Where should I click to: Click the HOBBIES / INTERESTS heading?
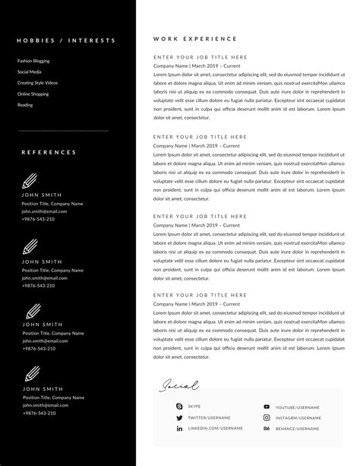66,40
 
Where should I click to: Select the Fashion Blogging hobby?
33,61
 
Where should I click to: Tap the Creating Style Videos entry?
37,82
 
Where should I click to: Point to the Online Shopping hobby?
33,94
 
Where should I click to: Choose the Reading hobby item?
25,105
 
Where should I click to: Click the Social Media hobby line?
29,71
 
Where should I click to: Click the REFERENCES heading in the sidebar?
49,152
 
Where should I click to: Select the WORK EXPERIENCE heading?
194,39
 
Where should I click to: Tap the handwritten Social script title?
179,385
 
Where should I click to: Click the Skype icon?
180,407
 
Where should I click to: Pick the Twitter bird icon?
180,418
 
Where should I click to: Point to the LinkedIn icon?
180,429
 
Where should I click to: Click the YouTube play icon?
267,407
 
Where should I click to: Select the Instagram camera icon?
267,418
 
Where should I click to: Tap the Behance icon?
267,429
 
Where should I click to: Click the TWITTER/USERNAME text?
209,418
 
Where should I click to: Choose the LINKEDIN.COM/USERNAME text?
215,429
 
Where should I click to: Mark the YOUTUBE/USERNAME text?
298,407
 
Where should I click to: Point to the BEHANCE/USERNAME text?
297,429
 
